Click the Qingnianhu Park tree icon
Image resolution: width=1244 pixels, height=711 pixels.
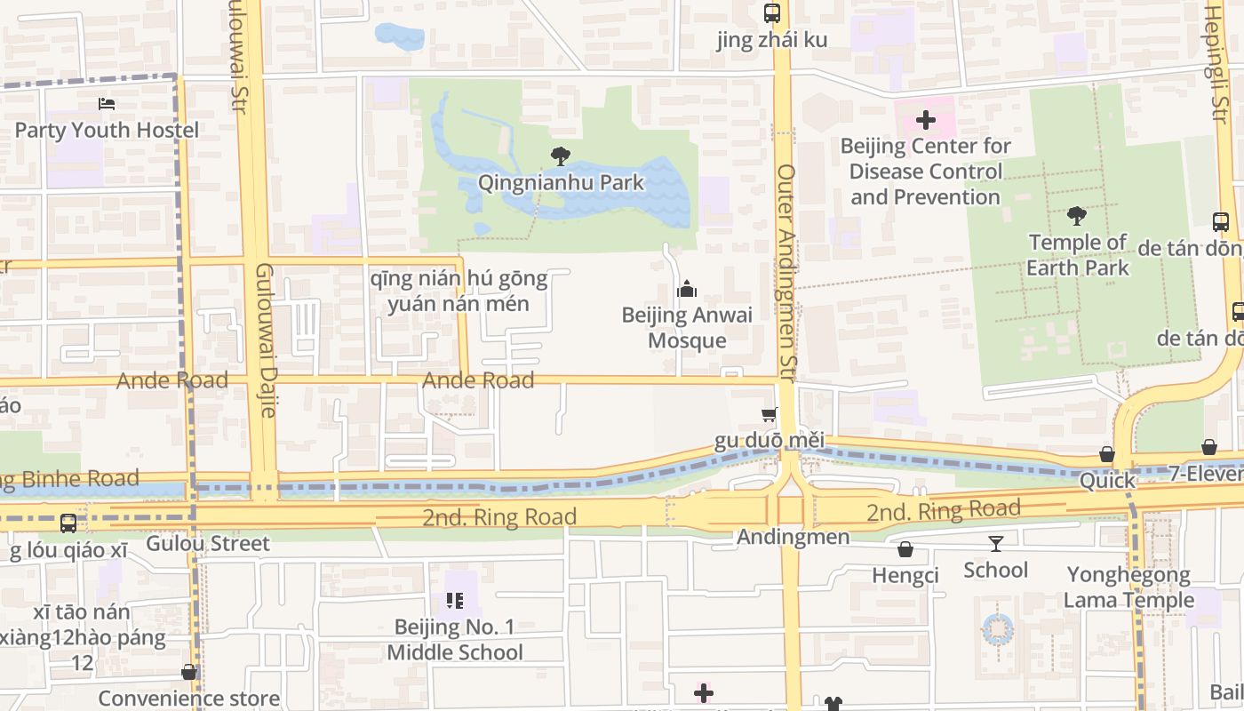click(x=560, y=156)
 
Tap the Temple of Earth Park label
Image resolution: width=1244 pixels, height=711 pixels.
click(x=1077, y=255)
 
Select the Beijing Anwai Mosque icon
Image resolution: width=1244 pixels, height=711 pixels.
click(x=686, y=289)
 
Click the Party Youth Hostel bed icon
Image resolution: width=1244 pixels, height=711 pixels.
click(x=107, y=104)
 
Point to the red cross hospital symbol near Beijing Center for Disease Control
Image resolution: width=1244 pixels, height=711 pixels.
click(x=925, y=119)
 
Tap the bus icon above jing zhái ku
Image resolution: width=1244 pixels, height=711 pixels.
click(x=771, y=13)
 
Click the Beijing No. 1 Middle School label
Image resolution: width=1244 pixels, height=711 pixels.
click(x=454, y=640)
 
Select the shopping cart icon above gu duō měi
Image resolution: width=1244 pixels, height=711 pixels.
click(x=769, y=414)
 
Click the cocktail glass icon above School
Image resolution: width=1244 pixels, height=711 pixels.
click(x=995, y=543)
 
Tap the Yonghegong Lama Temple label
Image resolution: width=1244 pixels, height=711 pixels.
click(x=1128, y=587)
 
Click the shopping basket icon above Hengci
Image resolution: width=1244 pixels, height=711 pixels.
click(x=905, y=549)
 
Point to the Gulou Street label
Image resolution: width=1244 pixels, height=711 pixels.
click(x=208, y=543)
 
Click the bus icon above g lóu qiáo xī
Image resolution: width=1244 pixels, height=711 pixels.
click(x=68, y=523)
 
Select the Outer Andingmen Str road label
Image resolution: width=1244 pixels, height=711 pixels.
click(x=786, y=267)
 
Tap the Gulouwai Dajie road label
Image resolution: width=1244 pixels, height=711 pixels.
click(x=265, y=340)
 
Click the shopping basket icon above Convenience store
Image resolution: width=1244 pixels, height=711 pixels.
click(x=188, y=672)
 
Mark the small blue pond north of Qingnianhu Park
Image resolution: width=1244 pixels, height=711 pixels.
click(x=399, y=36)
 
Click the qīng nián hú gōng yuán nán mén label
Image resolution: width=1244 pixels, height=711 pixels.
click(x=459, y=292)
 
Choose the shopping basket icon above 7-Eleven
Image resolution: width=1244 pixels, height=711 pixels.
click(x=1208, y=447)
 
